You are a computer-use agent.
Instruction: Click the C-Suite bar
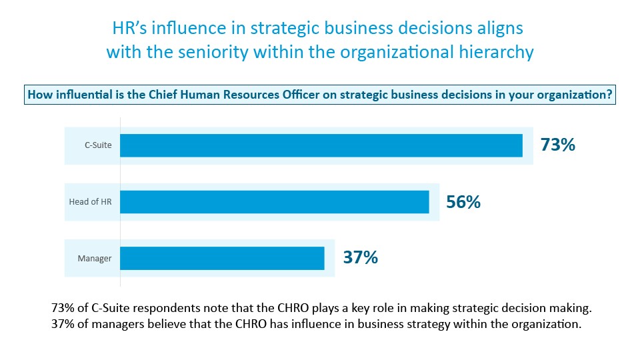[321, 145]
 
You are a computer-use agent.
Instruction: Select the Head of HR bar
[275, 202]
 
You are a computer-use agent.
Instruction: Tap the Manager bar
[222, 258]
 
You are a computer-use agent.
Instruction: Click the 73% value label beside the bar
[558, 145]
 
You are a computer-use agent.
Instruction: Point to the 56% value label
[463, 202]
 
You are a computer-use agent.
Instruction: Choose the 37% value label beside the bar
[360, 257]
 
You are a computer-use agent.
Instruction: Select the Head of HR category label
[91, 202]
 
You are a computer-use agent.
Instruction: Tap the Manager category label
[95, 258]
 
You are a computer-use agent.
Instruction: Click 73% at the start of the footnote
[63, 309]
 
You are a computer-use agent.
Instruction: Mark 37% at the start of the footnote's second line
[63, 325]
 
